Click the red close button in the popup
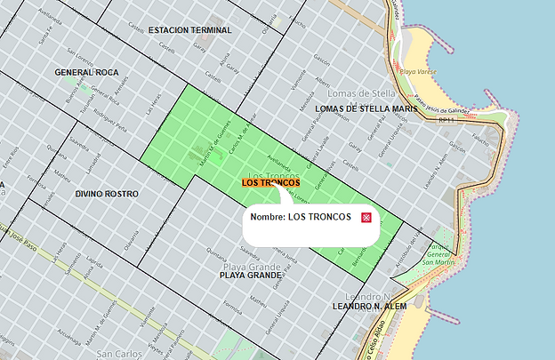(x=366, y=218)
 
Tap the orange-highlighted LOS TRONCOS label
(x=270, y=182)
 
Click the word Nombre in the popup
(x=268, y=218)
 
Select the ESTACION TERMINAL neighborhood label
(x=190, y=30)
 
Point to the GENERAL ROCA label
(x=86, y=71)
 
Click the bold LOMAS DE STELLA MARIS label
(x=366, y=108)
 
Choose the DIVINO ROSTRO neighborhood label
(x=107, y=193)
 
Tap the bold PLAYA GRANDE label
(x=250, y=276)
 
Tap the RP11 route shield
(x=447, y=119)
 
